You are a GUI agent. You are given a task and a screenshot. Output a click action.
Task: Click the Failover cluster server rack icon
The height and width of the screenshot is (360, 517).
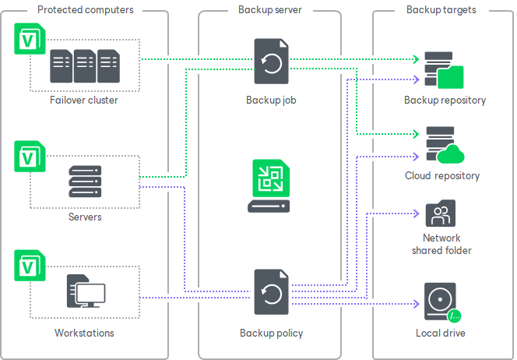(x=85, y=66)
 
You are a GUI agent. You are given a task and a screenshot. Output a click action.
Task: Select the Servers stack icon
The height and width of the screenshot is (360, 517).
(x=85, y=182)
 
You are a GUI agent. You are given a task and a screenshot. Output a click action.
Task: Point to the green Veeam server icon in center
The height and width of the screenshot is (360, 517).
(x=269, y=185)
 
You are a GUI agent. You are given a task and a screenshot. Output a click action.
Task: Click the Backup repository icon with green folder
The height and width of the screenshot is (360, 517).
(x=443, y=72)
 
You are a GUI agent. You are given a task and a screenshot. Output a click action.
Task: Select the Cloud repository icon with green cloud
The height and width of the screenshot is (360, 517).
(x=443, y=146)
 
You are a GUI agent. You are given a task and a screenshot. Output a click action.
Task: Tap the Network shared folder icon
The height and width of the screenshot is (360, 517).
(x=441, y=214)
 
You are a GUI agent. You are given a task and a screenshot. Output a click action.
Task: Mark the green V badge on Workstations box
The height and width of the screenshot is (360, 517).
(x=28, y=265)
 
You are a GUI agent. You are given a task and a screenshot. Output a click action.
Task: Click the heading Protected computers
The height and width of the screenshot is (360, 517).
(x=86, y=10)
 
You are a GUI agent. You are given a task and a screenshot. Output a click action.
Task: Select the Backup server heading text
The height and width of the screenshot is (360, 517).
(x=269, y=10)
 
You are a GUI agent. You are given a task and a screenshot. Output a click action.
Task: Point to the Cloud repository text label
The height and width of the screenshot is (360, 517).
(x=441, y=176)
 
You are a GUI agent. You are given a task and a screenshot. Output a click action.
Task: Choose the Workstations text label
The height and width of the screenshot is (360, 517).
(x=85, y=334)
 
